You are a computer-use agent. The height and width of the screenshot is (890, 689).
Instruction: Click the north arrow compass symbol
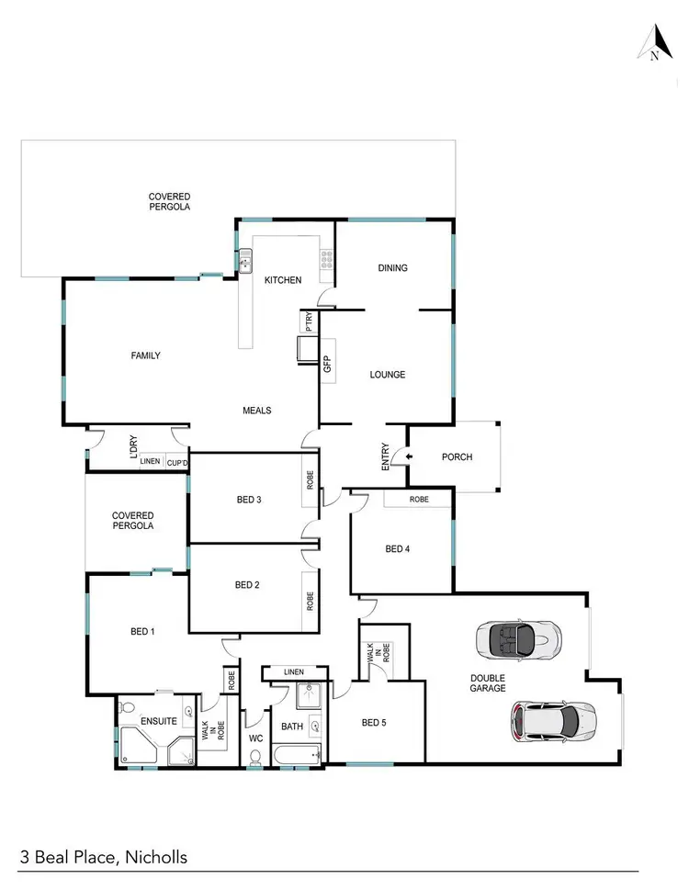point(654,43)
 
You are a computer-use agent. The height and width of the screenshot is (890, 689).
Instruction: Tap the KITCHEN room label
point(283,280)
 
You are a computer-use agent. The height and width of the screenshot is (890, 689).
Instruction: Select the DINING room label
point(392,268)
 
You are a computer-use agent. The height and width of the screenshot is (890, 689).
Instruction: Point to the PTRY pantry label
point(309,323)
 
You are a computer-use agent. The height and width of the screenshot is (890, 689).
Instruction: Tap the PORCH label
point(457,456)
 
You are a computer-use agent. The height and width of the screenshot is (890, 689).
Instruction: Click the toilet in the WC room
point(255,757)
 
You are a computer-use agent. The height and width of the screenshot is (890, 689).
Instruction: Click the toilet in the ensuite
point(128,709)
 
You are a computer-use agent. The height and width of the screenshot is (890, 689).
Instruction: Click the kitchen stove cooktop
point(325,264)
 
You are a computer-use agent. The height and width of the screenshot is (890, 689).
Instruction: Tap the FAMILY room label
point(145,355)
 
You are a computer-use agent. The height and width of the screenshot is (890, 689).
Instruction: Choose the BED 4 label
point(397,549)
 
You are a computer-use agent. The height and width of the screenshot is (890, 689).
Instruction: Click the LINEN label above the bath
point(293,672)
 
